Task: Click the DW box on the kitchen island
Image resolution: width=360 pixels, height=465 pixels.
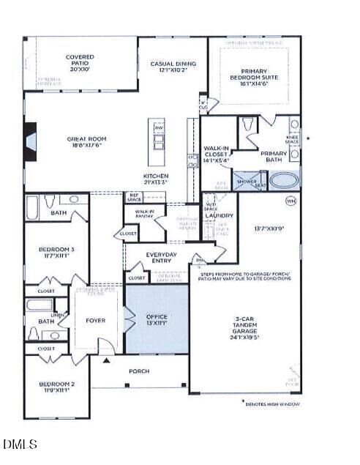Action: click(x=159, y=127)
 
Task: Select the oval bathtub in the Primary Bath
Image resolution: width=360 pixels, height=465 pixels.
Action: click(x=285, y=180)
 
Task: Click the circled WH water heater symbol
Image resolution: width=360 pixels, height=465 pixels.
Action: click(x=290, y=200)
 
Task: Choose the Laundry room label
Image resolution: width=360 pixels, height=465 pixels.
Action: click(x=219, y=216)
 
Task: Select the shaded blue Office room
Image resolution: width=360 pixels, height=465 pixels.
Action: click(x=157, y=319)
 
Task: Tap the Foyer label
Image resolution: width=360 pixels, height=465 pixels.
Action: click(x=95, y=320)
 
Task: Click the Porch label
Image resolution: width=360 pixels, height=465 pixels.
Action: click(x=139, y=371)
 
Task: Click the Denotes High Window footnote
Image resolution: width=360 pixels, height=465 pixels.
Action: click(x=272, y=404)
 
